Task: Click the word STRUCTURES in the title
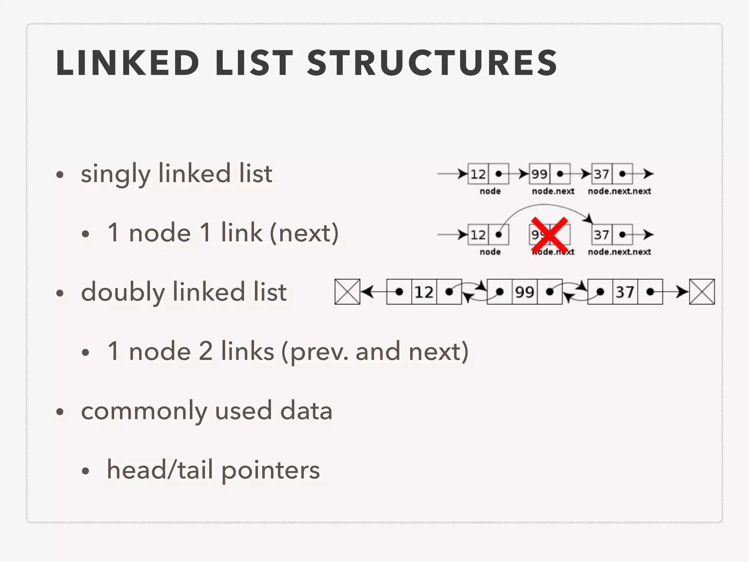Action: pyautogui.click(x=432, y=63)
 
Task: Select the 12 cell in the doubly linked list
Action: pyautogui.click(x=424, y=292)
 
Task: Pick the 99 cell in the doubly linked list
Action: pyautogui.click(x=524, y=292)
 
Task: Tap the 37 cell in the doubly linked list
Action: pyautogui.click(x=625, y=292)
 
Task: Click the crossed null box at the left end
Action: pyautogui.click(x=347, y=292)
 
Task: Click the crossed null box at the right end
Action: pyautogui.click(x=702, y=292)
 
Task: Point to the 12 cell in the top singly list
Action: pyautogui.click(x=478, y=174)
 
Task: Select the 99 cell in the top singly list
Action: pyautogui.click(x=539, y=174)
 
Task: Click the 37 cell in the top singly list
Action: pyautogui.click(x=602, y=174)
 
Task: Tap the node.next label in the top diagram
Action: pyautogui.click(x=553, y=191)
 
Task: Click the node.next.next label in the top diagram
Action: pyautogui.click(x=620, y=191)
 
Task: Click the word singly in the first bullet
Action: pyautogui.click(x=116, y=174)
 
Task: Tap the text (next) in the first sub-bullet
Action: pyautogui.click(x=304, y=233)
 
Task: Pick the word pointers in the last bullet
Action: pyautogui.click(x=270, y=471)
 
